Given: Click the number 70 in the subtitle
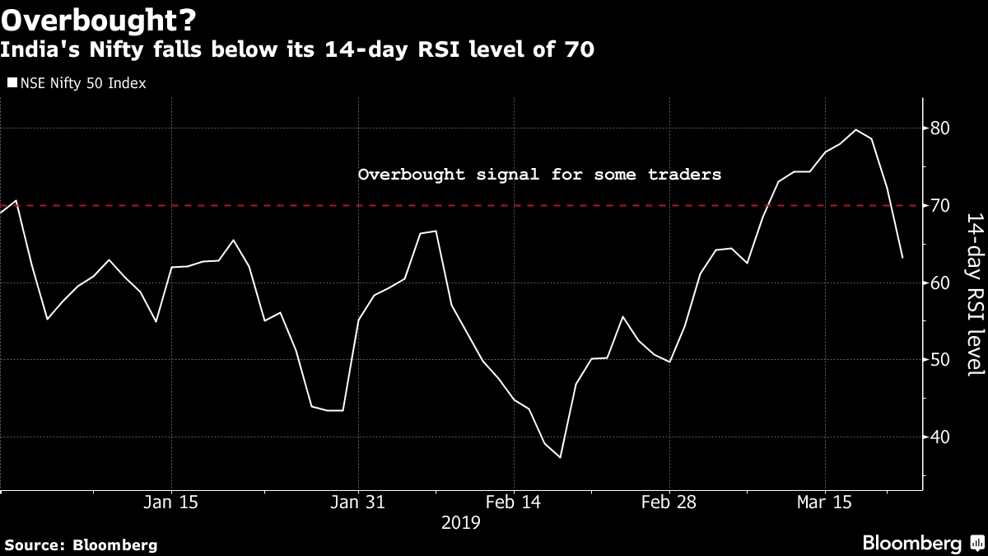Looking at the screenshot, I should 579,51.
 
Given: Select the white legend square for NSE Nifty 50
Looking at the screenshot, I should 11,83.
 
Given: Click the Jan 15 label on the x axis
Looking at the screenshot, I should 171,502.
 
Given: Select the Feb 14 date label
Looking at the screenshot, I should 514,502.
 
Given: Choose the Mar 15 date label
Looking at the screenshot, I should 825,502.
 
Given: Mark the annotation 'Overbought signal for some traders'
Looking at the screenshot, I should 539,175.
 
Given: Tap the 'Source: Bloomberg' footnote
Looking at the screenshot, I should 81,544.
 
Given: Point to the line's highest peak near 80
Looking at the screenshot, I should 856,129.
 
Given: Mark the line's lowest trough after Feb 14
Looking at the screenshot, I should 561,457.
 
